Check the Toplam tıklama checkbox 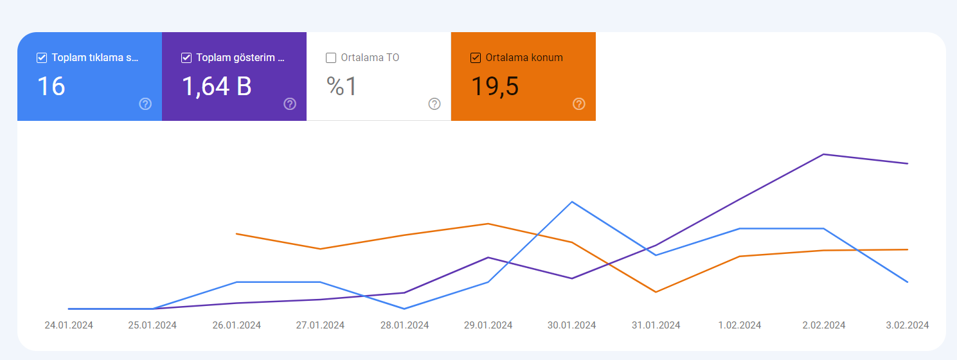(x=42, y=58)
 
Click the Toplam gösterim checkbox (x=186, y=58)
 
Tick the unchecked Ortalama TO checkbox (x=331, y=58)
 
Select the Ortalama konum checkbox (x=476, y=58)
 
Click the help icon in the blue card (x=145, y=104)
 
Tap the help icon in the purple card (x=290, y=104)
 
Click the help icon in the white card (x=434, y=104)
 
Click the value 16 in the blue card (x=51, y=86)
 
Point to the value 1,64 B (x=217, y=87)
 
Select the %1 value (x=342, y=86)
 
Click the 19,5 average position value (x=495, y=87)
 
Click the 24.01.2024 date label (x=69, y=325)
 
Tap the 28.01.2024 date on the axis (x=405, y=325)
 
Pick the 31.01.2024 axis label (x=656, y=325)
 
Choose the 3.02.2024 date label (x=908, y=325)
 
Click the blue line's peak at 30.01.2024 (x=572, y=202)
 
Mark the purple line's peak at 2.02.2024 (x=823, y=154)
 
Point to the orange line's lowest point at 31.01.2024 (x=656, y=292)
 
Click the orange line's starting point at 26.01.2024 (x=237, y=234)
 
